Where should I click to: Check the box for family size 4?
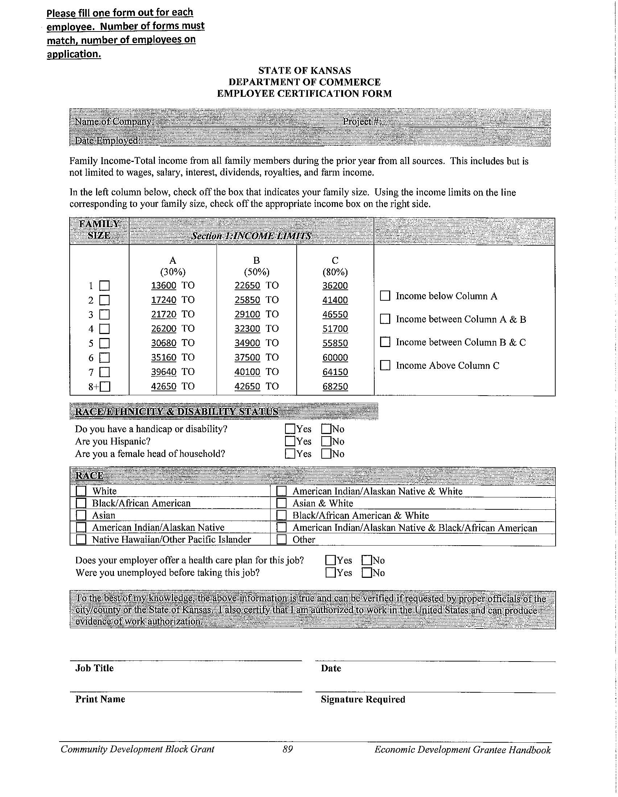(104, 329)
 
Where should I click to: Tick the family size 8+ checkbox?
(105, 387)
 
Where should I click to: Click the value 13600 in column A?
(164, 285)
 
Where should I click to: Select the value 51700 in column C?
(335, 329)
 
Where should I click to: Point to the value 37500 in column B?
(247, 357)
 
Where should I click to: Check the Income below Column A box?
(385, 296)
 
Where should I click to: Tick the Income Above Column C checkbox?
(385, 365)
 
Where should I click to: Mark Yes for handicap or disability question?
(290, 429)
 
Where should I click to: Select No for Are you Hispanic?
(326, 441)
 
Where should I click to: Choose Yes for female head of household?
(290, 454)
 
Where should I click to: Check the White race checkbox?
(81, 491)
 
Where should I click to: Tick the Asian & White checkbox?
(281, 503)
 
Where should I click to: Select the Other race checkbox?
(281, 539)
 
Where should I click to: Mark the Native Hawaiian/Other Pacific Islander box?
(81, 539)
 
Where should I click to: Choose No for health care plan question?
(366, 560)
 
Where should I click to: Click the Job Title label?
(94, 668)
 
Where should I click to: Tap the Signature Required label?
(363, 700)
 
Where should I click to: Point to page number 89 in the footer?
(288, 749)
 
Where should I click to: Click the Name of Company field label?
(114, 121)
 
